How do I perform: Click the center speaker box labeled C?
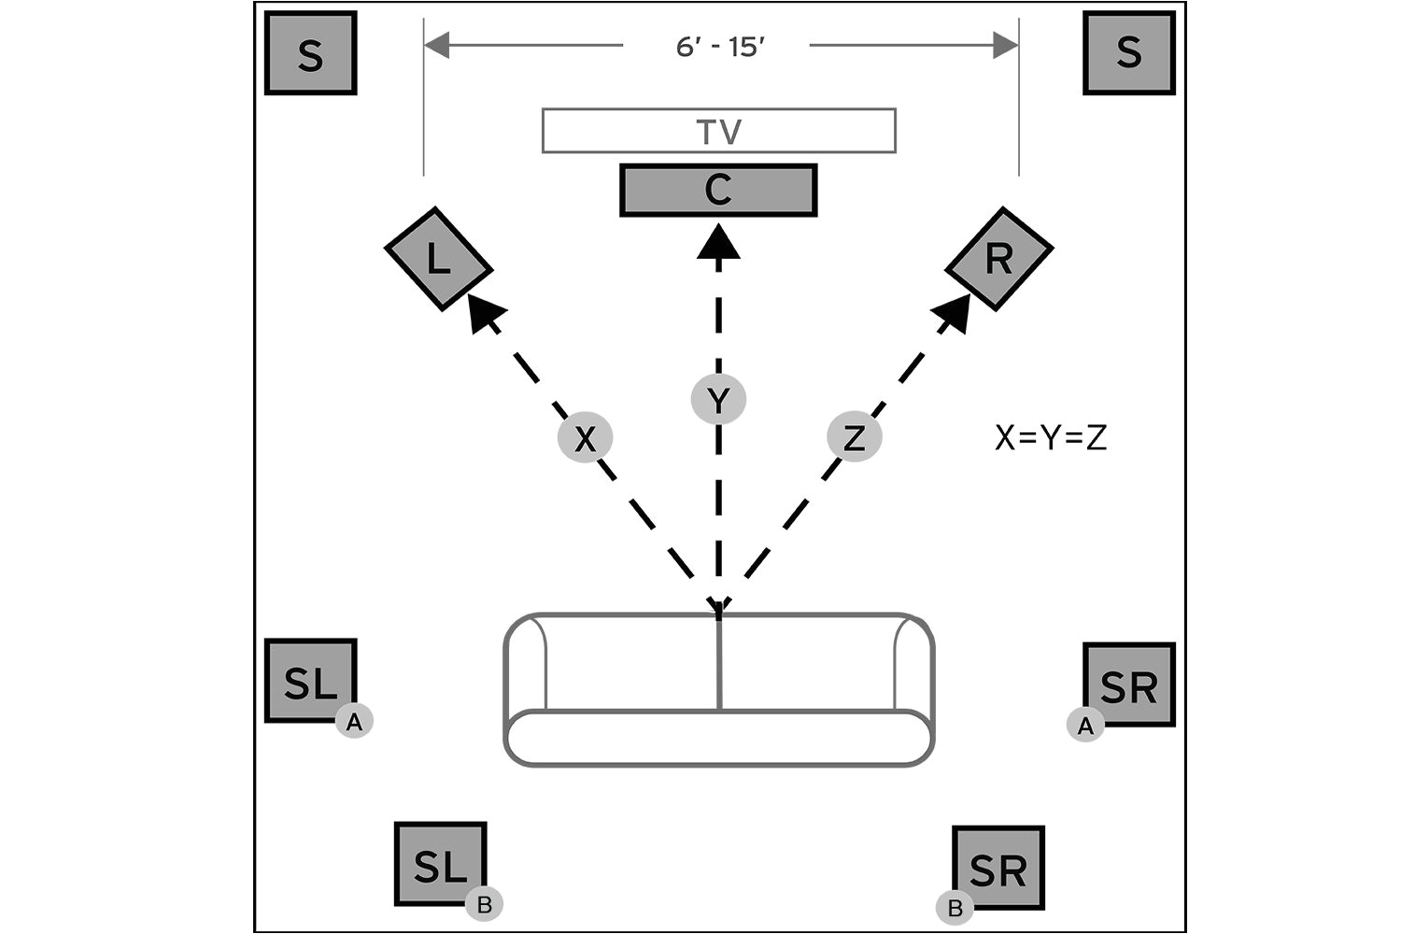coord(718,191)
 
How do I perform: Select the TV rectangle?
coord(718,131)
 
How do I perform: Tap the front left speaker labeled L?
coord(438,259)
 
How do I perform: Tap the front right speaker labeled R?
coord(999,259)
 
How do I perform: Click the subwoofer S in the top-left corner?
coord(311,53)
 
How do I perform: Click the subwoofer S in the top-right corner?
coord(1128,53)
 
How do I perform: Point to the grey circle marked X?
coord(585,437)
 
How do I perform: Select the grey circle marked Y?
coord(718,400)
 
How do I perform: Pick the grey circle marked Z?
coord(855,437)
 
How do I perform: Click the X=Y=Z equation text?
coord(1051,437)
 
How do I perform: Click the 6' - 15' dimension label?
coord(719,46)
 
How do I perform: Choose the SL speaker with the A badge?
coord(311,681)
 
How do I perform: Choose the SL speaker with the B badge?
coord(440,864)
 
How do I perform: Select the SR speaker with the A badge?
coord(1128,685)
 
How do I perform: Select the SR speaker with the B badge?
coord(998,868)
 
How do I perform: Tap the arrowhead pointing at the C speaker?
coord(718,242)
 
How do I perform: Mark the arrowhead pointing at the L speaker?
coord(483,312)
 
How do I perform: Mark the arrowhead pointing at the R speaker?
coord(954,312)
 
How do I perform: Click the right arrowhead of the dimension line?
coord(1007,45)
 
